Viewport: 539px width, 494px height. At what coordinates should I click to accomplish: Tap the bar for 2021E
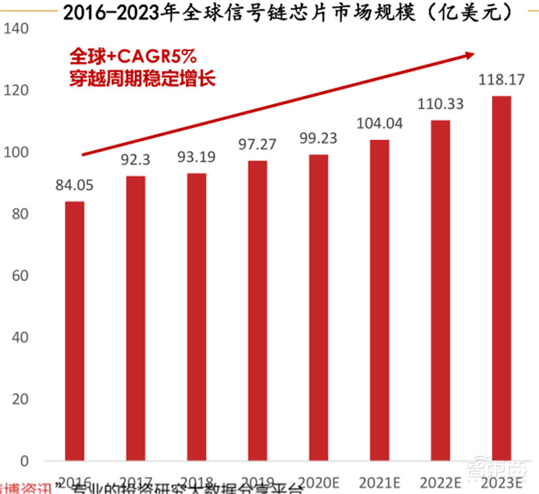coord(379,300)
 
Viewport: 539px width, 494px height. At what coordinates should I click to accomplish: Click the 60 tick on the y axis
coord(20,276)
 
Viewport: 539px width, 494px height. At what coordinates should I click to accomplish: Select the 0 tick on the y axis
coord(24,462)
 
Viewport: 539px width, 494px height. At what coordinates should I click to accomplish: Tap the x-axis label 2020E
coord(319,481)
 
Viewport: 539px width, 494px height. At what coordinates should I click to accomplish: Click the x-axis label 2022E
coord(441,481)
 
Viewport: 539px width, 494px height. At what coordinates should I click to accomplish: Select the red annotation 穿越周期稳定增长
coord(141,77)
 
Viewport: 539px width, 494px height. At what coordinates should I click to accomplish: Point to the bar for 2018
coord(196,317)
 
